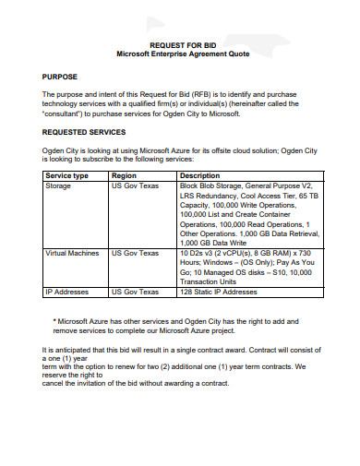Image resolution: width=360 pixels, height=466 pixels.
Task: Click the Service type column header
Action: click(66, 175)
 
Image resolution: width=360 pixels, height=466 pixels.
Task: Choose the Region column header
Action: click(125, 175)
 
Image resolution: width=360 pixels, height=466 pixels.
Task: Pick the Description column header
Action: click(199, 175)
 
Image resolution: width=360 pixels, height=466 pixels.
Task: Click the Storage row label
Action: click(59, 185)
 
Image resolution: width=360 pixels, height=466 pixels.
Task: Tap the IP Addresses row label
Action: click(67, 292)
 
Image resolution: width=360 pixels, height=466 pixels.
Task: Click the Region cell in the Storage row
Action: click(135, 185)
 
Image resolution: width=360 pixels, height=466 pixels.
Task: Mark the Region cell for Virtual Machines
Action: click(135, 252)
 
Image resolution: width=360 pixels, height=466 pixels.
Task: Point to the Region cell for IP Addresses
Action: click(135, 292)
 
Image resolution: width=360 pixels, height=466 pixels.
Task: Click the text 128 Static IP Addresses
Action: click(219, 292)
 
